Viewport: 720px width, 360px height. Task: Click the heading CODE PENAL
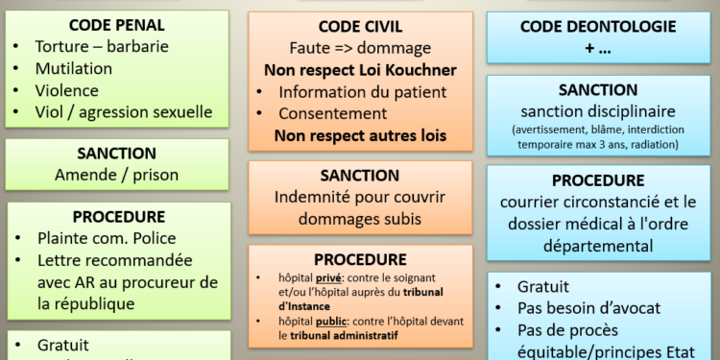[117, 25]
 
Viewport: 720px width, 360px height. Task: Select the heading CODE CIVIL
[360, 26]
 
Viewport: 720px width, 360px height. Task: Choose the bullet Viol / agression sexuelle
[124, 112]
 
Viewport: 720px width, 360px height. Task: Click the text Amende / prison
[116, 175]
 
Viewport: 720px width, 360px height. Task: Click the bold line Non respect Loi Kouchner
[360, 70]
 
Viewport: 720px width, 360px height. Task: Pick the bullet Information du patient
[362, 92]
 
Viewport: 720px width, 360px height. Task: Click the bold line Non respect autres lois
[360, 135]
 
